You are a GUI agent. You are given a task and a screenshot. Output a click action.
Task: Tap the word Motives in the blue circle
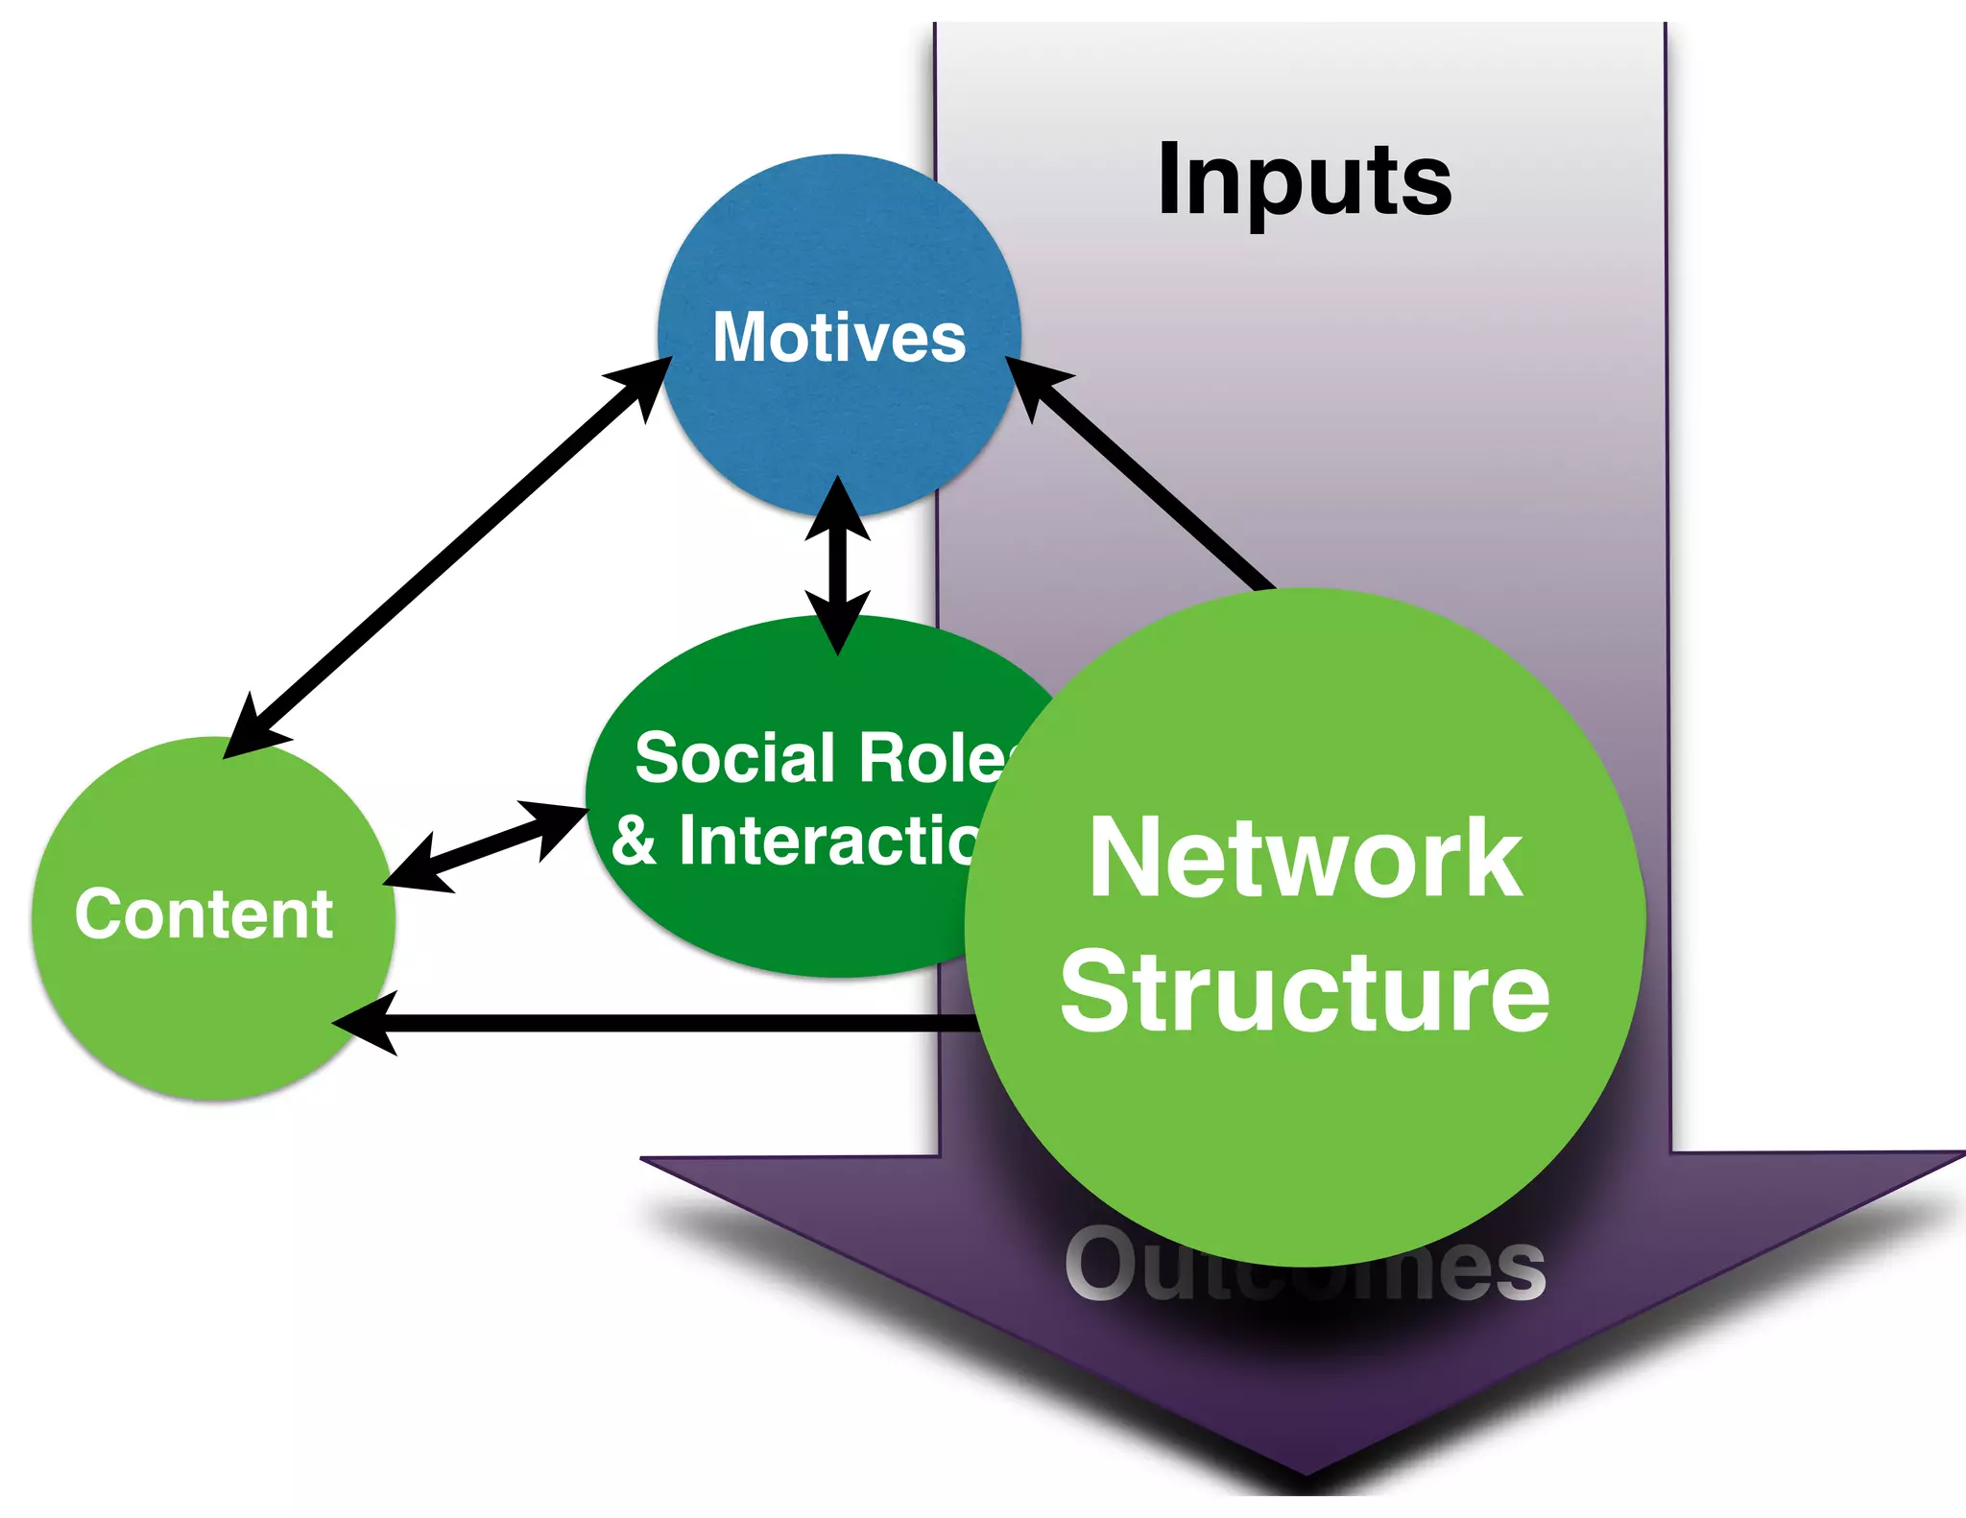click(x=839, y=338)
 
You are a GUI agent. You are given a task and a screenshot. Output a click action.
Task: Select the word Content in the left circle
click(x=204, y=914)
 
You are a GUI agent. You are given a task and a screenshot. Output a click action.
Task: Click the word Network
click(x=1306, y=859)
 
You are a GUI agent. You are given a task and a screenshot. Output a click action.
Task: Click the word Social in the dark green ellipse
click(x=735, y=758)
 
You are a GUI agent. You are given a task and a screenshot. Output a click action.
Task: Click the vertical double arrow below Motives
click(x=838, y=566)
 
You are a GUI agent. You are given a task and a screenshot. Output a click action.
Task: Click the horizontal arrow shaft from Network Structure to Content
click(x=672, y=1024)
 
